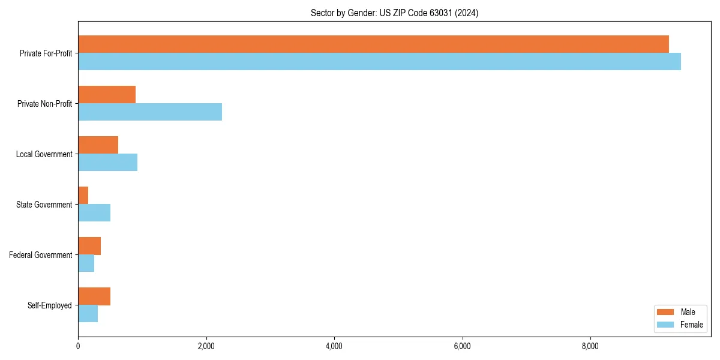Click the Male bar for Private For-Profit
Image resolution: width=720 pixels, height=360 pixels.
(x=373, y=44)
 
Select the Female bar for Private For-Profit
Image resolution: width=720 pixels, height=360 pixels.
(x=379, y=61)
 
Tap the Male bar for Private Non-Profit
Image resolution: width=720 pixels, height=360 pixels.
(x=107, y=95)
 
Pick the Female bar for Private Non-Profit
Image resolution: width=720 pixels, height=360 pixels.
(x=150, y=112)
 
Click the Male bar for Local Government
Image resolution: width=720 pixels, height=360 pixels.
(x=98, y=145)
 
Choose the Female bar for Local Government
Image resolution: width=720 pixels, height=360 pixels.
(x=107, y=162)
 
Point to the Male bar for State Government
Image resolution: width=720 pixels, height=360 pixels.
(x=83, y=196)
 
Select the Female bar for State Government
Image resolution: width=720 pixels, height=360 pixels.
(x=94, y=212)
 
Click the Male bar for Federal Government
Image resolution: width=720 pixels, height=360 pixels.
(x=89, y=246)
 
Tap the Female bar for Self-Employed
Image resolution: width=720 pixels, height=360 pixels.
(x=88, y=313)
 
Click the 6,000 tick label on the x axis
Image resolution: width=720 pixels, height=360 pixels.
(x=462, y=346)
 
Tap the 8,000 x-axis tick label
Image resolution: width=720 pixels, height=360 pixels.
(x=590, y=346)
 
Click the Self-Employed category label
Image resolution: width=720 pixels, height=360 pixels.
(x=49, y=305)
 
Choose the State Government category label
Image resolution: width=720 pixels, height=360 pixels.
(x=44, y=205)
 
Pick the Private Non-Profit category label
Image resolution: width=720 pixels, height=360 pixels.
(x=44, y=104)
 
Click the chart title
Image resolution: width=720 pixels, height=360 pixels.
(x=394, y=13)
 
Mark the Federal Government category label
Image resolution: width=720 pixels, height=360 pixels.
(x=40, y=255)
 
